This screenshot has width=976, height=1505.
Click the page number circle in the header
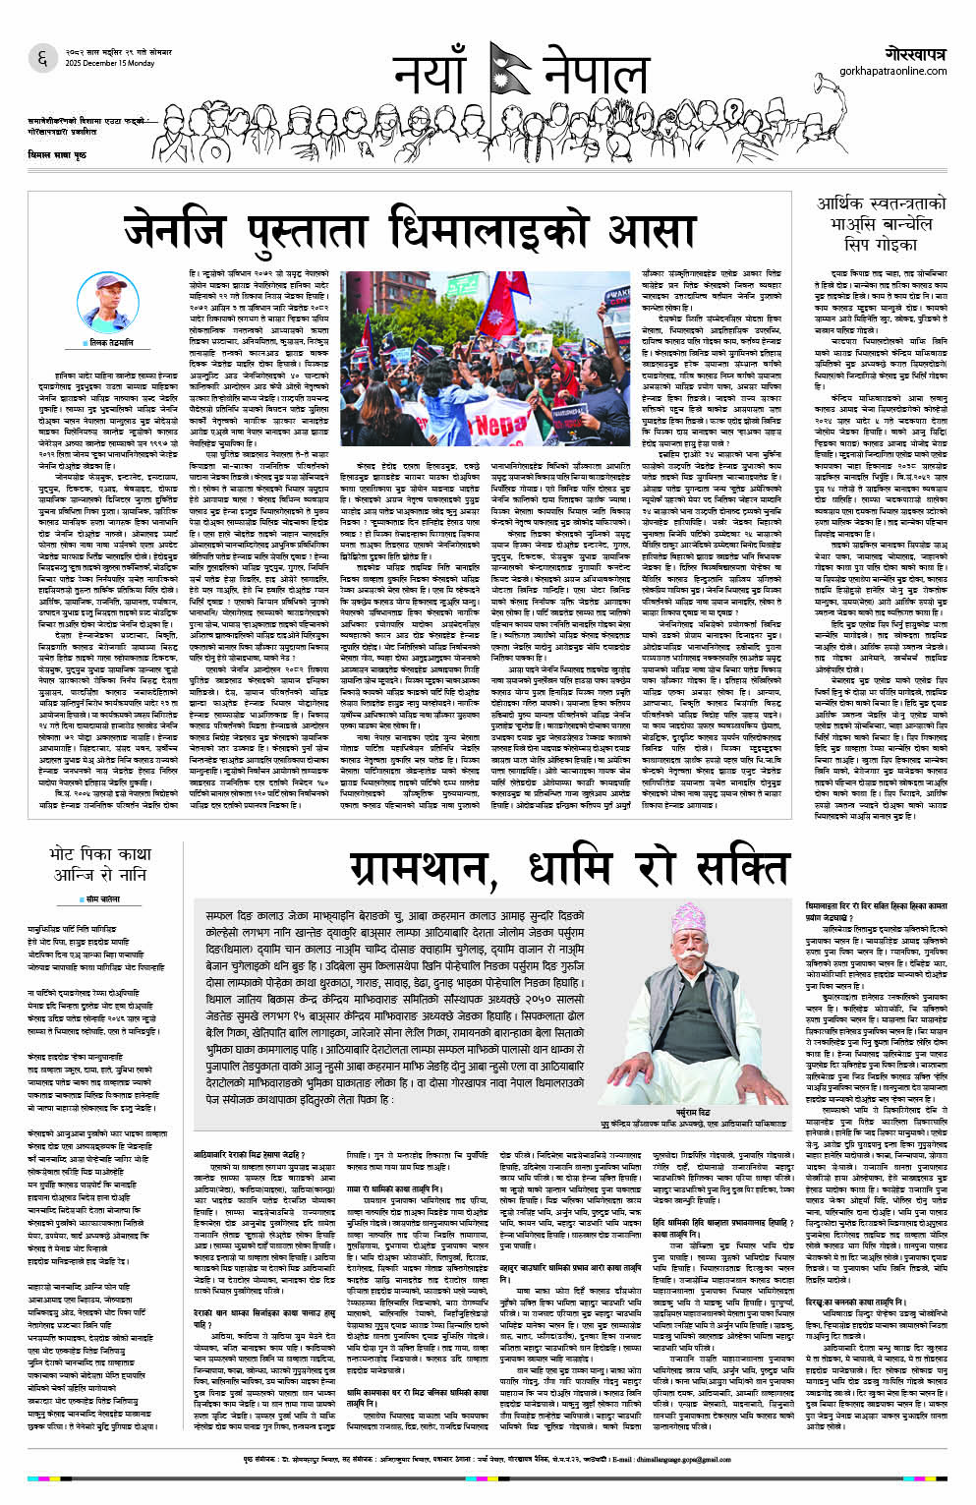pyautogui.click(x=42, y=58)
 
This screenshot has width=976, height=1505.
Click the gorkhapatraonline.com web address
pyautogui.click(x=891, y=71)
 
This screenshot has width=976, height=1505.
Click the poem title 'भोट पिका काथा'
pyautogui.click(x=102, y=855)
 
